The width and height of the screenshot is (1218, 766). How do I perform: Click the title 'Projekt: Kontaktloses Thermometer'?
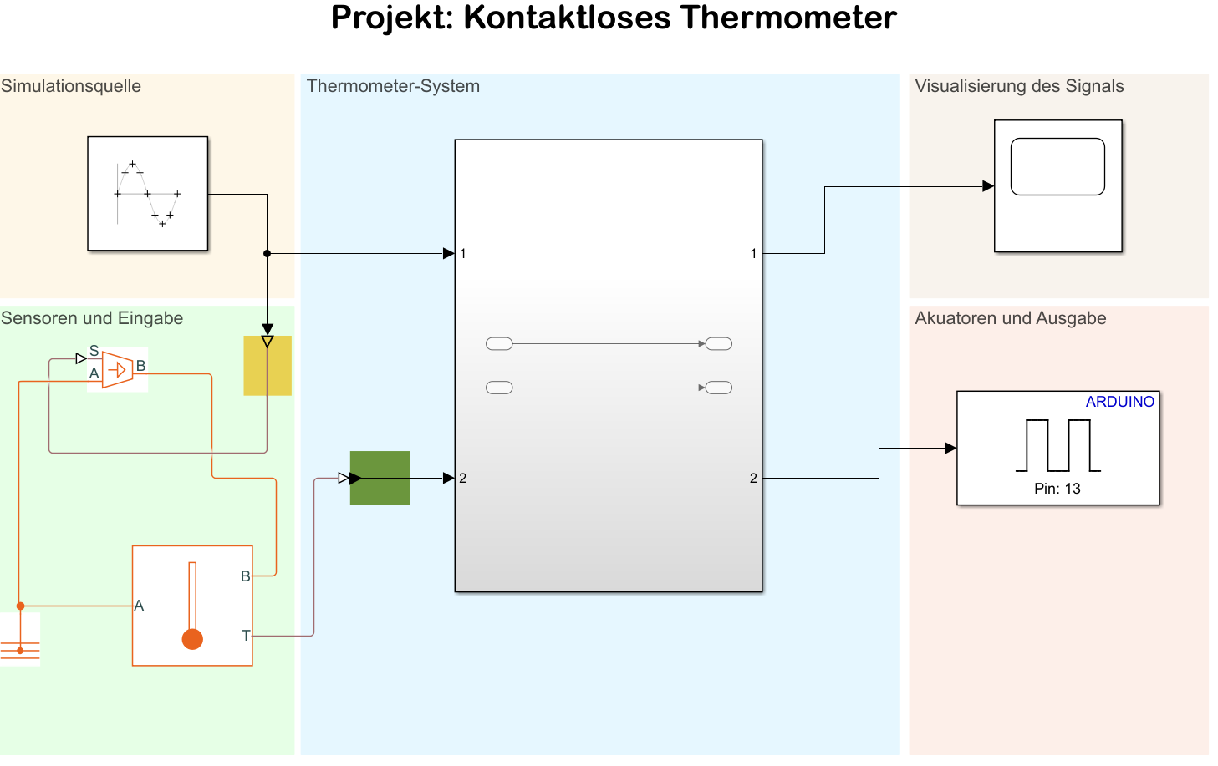[x=614, y=18]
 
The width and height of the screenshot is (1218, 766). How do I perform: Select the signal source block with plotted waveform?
[x=147, y=193]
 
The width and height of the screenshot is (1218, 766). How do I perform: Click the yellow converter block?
[x=268, y=366]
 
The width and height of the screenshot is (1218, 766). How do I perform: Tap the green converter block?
[x=380, y=478]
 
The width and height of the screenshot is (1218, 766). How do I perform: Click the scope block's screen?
[x=1057, y=167]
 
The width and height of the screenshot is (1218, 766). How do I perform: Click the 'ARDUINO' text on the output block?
[x=1119, y=402]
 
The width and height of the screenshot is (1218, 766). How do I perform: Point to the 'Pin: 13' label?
[x=1057, y=489]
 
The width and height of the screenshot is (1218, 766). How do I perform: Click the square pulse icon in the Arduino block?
[x=1057, y=445]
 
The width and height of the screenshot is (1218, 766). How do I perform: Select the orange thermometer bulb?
[x=192, y=639]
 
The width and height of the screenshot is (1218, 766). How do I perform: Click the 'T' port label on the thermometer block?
[x=246, y=636]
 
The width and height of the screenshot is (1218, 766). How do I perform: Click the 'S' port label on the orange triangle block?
[x=94, y=351]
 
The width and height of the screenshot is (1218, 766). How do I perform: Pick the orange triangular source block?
[x=118, y=369]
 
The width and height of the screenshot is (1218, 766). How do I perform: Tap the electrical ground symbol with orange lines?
[x=20, y=647]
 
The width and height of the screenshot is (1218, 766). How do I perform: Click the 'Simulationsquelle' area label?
[x=71, y=86]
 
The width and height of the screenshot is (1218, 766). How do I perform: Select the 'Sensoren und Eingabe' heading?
[x=92, y=318]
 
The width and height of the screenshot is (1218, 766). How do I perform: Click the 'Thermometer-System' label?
[x=393, y=86]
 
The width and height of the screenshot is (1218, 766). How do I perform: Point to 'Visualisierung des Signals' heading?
[x=1019, y=86]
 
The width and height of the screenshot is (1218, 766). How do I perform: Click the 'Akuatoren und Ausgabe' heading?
[x=1010, y=318]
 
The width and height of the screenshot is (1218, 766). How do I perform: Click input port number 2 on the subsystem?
[x=462, y=479]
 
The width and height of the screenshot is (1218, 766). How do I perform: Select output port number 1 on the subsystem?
[x=753, y=254]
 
